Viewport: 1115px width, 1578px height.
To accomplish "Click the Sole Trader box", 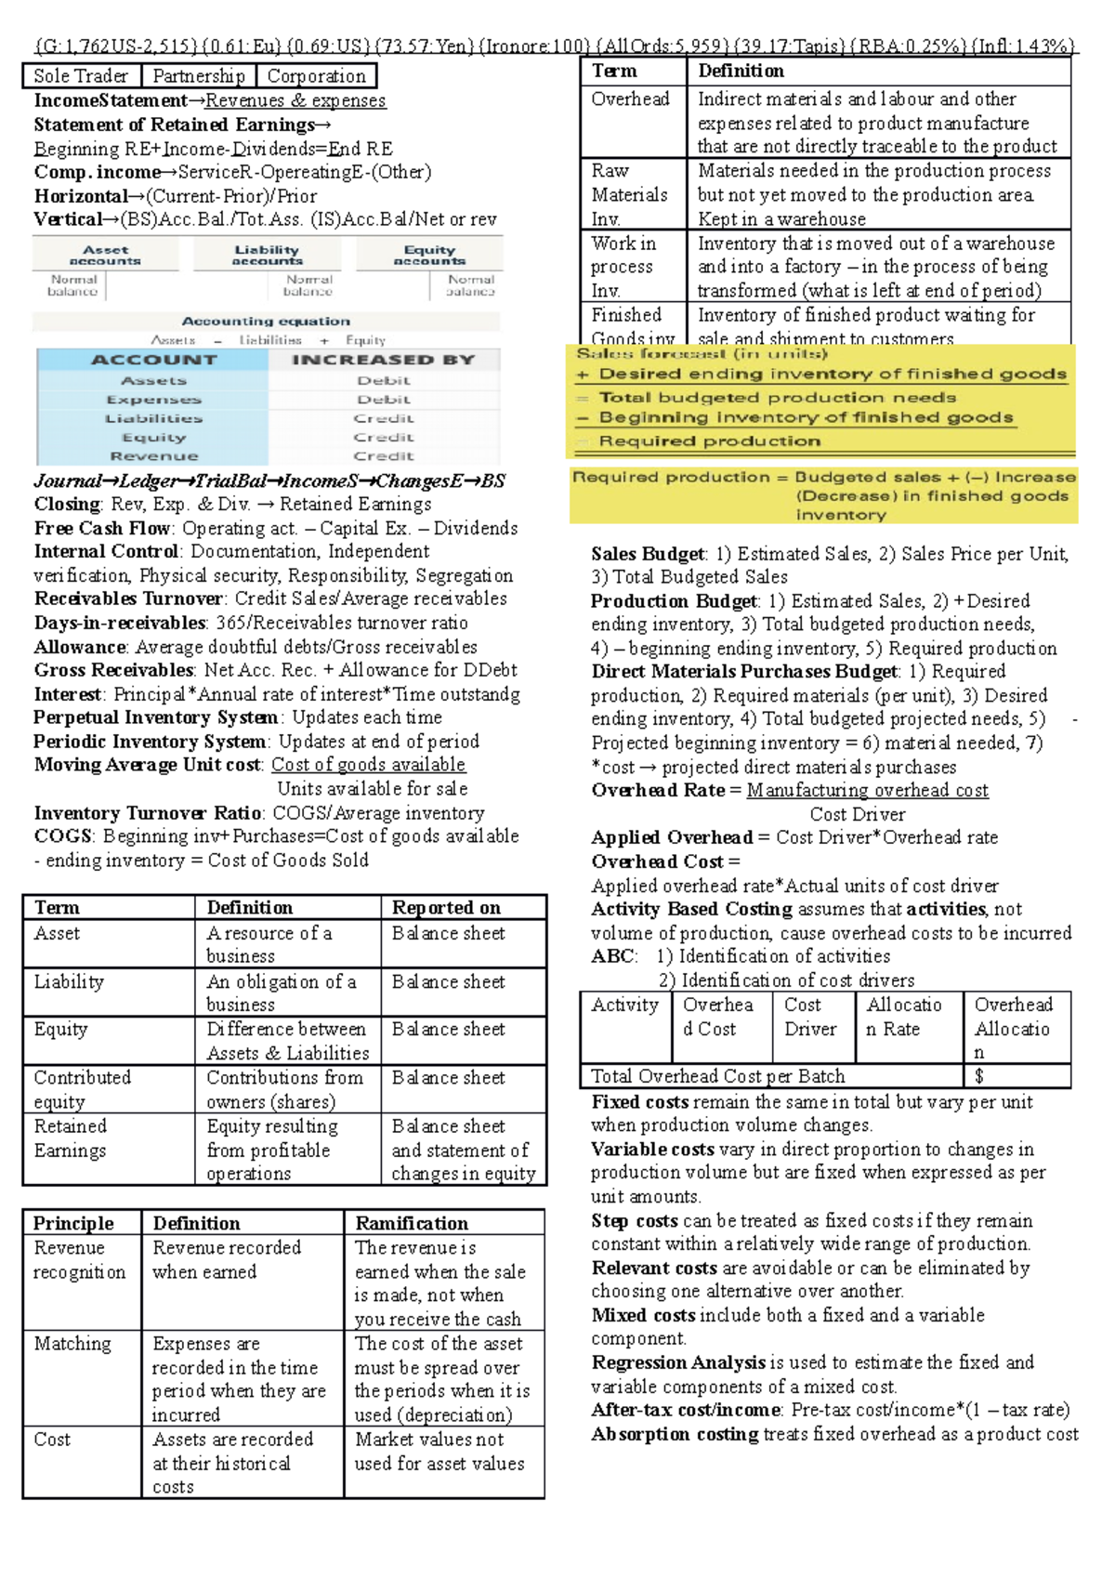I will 81,76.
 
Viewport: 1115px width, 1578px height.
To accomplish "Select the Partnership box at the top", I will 199,76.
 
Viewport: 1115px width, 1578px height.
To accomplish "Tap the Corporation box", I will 317,76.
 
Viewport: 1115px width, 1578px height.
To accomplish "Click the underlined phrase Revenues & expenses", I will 295,100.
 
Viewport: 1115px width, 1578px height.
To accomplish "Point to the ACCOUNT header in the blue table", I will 153,360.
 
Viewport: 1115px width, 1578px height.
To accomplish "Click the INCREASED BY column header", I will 383,360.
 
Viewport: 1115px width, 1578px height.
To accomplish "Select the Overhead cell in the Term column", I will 631,99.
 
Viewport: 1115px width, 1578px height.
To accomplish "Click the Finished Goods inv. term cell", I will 632,326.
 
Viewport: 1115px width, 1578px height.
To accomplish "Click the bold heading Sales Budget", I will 649,554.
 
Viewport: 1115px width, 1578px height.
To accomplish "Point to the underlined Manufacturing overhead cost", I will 867,790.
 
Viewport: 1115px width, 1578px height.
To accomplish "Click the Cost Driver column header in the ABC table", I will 811,1017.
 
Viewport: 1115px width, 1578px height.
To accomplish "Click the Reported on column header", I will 446,908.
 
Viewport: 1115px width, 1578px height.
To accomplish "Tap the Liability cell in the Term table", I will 69,981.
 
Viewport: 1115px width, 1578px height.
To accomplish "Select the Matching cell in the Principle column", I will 72,1344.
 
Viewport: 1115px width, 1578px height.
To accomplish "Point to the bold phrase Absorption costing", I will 675,1434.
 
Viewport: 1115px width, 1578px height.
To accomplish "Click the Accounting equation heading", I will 266,321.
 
